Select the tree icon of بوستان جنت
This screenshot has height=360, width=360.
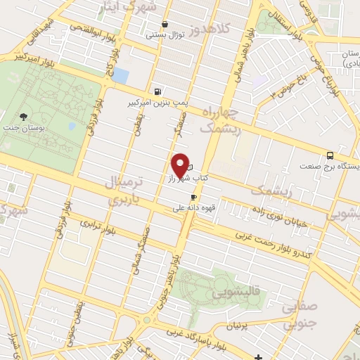coord(25,117)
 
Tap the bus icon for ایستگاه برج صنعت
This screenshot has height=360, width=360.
coord(330,156)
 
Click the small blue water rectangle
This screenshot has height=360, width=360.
coord(121,75)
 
